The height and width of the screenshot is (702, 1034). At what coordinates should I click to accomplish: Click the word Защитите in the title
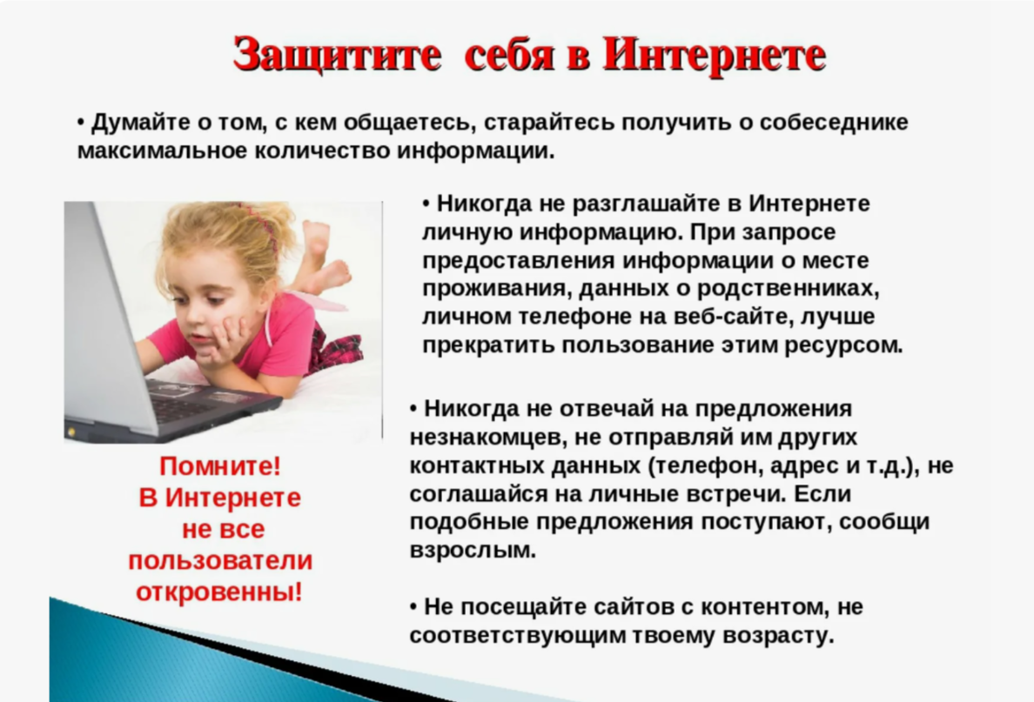tap(337, 54)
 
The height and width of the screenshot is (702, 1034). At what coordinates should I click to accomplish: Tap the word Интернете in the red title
tap(715, 53)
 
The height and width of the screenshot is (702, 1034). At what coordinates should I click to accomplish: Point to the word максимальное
tap(162, 151)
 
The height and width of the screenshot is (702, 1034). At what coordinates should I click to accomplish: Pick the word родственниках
tap(788, 289)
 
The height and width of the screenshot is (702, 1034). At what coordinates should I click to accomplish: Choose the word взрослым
tap(473, 551)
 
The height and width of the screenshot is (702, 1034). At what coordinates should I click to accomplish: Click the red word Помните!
tap(220, 466)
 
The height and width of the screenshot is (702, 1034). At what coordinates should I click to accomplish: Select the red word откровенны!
tap(219, 592)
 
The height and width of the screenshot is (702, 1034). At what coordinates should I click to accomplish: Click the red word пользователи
tap(220, 561)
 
